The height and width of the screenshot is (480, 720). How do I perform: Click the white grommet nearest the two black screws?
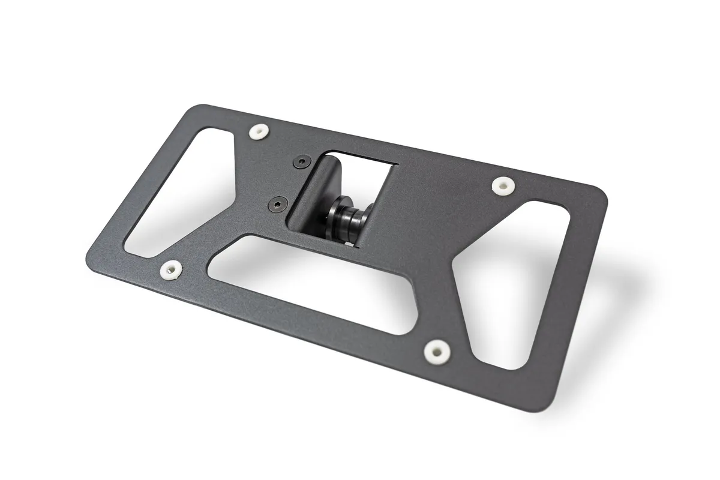tap(259, 131)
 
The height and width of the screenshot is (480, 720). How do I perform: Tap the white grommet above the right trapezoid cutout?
tap(502, 185)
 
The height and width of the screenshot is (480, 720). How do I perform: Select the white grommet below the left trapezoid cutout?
tap(172, 269)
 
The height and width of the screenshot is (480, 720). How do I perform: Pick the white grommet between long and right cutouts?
tap(436, 351)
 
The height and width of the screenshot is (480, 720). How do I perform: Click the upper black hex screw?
tap(302, 161)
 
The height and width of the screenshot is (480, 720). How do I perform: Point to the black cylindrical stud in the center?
tap(346, 223)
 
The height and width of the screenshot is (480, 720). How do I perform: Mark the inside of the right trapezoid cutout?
tap(510, 282)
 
